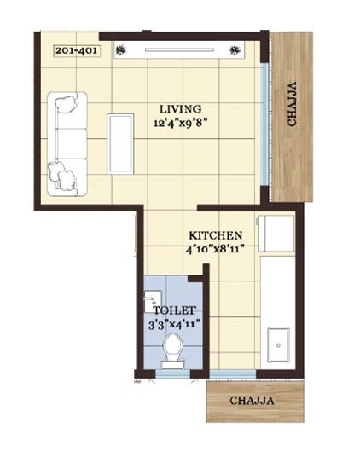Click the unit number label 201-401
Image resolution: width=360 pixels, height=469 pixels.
tap(74, 50)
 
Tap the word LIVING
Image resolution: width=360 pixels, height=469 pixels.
tap(181, 109)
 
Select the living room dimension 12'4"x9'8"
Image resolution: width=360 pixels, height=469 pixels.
tap(181, 123)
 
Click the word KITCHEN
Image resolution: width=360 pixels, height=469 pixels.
tap(216, 235)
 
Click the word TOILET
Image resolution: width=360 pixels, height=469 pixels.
tap(175, 310)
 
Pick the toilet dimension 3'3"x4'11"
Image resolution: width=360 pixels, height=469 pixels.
tap(175, 324)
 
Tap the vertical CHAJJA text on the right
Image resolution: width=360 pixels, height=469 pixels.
tap(293, 104)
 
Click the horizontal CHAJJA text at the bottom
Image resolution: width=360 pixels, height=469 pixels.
tap(253, 401)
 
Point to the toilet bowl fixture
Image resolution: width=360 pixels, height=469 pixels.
tap(173, 349)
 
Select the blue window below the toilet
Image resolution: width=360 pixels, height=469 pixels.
tap(173, 373)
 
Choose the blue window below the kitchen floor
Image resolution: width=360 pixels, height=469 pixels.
tap(233, 374)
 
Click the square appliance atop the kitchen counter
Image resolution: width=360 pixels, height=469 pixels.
tap(277, 234)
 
